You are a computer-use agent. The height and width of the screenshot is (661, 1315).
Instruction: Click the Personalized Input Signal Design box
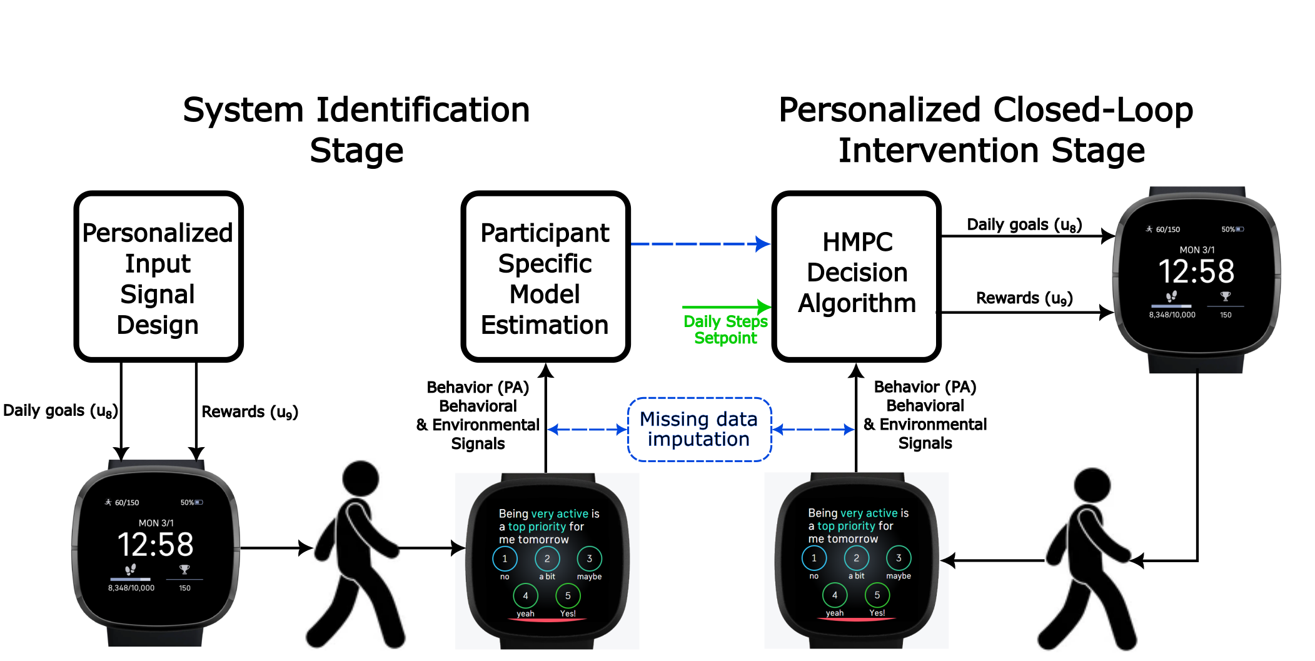click(x=158, y=277)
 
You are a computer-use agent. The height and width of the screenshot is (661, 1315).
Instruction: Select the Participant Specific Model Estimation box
click(x=545, y=277)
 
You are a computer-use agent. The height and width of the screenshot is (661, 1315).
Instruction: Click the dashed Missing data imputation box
click(x=698, y=429)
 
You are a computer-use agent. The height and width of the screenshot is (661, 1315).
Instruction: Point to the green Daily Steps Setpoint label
click(x=725, y=330)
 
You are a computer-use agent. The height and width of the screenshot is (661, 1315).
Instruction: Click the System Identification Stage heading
click(x=356, y=129)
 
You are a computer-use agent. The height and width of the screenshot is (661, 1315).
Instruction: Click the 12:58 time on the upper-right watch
click(x=1196, y=271)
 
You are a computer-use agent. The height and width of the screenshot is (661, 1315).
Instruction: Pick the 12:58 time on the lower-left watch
click(x=156, y=545)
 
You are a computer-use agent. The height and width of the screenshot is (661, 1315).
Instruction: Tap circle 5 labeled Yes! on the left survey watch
click(x=568, y=596)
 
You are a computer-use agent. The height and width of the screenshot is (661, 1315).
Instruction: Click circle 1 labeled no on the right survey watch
click(x=814, y=558)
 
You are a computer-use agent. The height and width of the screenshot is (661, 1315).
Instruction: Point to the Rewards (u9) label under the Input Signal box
click(x=249, y=411)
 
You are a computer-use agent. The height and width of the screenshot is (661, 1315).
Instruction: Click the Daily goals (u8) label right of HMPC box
click(x=1024, y=225)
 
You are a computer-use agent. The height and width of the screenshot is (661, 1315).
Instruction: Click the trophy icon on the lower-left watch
click(x=184, y=569)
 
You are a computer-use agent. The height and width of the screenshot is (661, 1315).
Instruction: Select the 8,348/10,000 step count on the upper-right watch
click(x=1172, y=315)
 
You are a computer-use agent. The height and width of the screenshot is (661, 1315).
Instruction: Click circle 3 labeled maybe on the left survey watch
click(x=589, y=558)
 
